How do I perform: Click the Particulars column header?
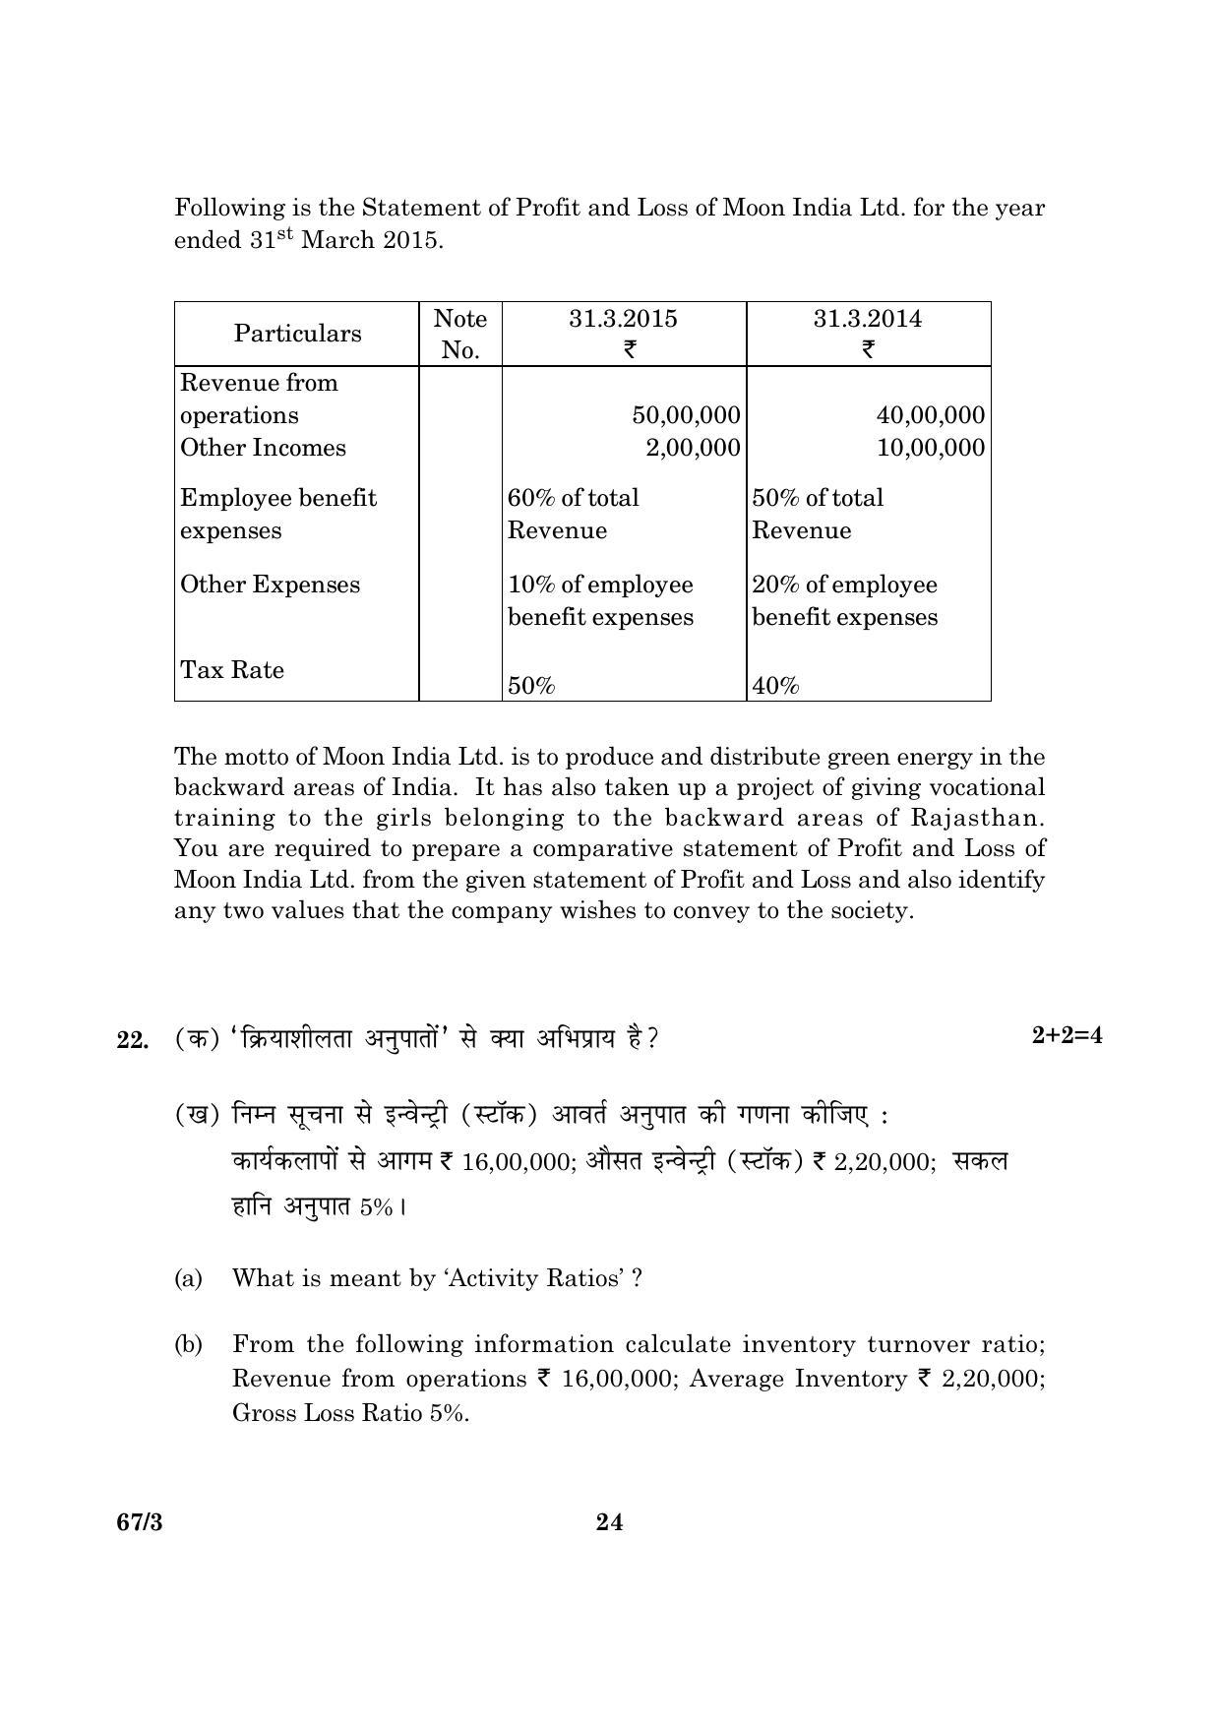coord(297,334)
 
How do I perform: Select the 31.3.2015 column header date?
coord(623,319)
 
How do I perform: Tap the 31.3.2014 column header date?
coord(867,319)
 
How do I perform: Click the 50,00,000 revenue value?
coord(686,415)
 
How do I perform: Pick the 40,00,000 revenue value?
coord(930,415)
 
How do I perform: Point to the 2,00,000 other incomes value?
coord(693,448)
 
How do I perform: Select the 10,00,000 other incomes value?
coord(930,448)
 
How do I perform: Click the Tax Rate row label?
coord(232,670)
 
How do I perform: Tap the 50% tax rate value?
coord(531,686)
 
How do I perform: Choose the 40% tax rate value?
coord(775,686)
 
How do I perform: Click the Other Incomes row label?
coord(263,448)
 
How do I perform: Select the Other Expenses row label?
coord(270,585)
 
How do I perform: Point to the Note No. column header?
coord(459,334)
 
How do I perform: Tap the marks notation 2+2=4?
coord(1067,1035)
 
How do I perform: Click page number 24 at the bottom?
coord(609,1522)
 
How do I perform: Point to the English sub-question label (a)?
coord(188,1278)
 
